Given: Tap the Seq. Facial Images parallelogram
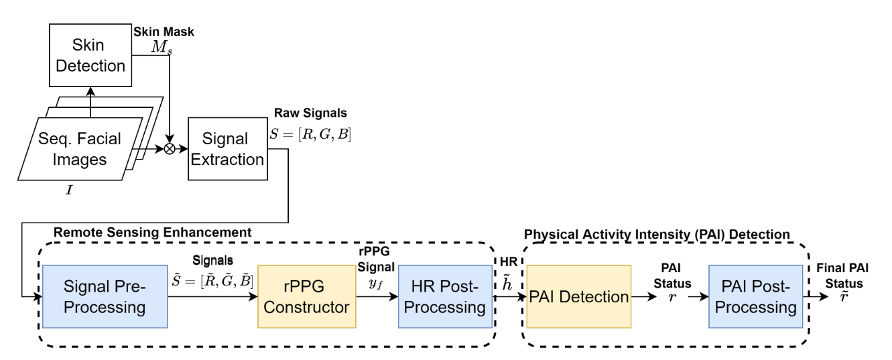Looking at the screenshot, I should tap(80, 149).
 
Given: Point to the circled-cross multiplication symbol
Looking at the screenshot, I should tap(170, 149).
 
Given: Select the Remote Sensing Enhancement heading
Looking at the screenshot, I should tap(152, 232).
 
